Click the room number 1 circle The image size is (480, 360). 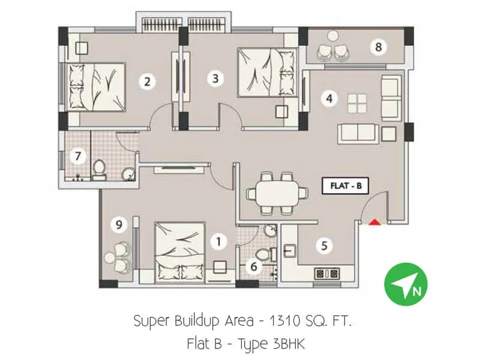219,242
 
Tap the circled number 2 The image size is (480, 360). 146,81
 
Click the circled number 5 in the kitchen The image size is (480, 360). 325,245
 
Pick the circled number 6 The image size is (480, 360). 254,266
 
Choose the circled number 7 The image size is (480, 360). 77,157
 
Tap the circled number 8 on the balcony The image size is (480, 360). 377,47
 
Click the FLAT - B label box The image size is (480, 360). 346,186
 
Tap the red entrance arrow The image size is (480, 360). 374,223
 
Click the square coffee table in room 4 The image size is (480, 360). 357,103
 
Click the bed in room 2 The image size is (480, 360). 96,87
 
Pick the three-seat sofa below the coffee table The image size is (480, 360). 357,131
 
